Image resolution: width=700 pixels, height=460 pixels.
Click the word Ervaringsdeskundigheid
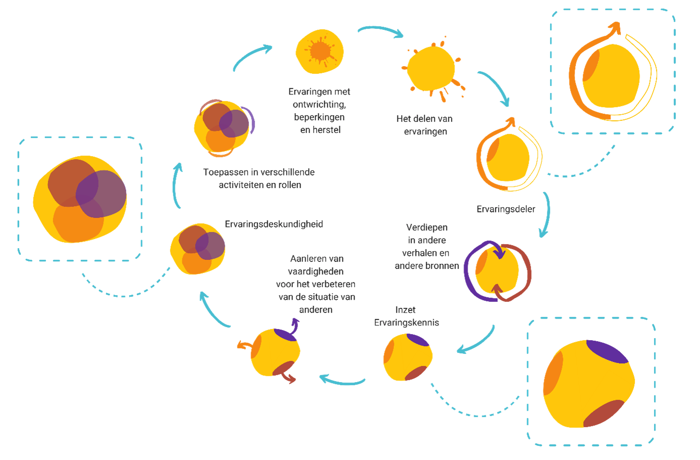274,224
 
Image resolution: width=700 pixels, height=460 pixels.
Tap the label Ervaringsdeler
506,209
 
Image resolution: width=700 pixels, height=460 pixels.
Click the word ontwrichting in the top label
319,105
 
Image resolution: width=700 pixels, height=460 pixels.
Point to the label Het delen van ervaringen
424,125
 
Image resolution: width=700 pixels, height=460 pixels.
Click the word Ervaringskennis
407,323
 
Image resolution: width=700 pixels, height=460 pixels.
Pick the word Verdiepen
427,227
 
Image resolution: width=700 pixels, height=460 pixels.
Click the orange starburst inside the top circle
320,51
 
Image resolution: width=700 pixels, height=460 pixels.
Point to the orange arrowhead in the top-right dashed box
615,29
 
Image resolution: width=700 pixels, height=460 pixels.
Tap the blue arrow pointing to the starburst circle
253,57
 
